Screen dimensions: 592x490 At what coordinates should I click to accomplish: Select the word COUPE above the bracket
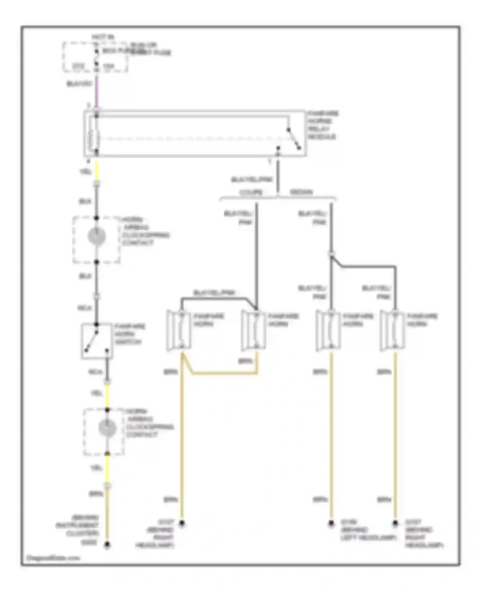(251, 192)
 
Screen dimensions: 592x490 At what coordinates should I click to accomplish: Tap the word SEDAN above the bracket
(301, 192)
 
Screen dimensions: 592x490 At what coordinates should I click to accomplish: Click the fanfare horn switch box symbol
(97, 341)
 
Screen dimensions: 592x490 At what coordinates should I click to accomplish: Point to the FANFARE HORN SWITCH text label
(130, 334)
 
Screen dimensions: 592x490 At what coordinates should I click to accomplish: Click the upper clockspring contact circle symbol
(97, 236)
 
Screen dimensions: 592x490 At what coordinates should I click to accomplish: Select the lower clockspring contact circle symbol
(107, 428)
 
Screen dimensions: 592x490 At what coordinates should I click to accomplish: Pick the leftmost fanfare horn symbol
(179, 331)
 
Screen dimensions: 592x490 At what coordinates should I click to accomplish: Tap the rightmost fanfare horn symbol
(393, 331)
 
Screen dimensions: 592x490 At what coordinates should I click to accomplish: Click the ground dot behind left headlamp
(331, 523)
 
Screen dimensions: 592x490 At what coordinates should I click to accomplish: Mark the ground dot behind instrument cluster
(107, 545)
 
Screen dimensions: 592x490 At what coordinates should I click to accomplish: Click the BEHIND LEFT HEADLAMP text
(368, 533)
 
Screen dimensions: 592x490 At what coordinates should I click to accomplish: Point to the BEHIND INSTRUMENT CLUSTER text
(78, 525)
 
